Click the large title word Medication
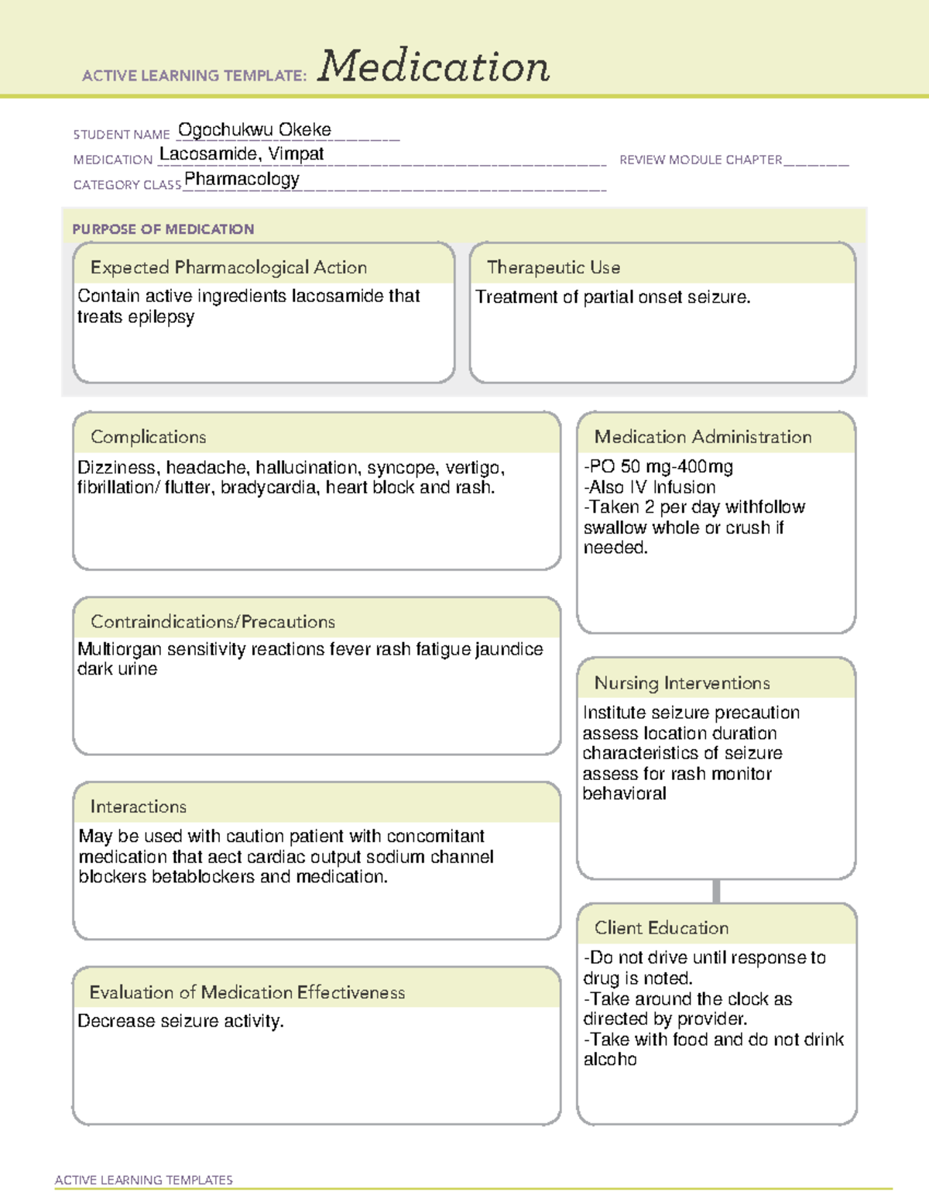[434, 67]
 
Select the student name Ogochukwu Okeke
[254, 129]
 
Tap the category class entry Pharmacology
[242, 180]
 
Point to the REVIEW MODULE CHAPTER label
[701, 160]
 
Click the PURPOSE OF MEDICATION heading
[163, 229]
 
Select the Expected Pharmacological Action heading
[228, 267]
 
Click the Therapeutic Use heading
[553, 267]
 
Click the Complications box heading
[148, 437]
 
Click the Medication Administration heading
[702, 437]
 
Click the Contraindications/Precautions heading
[212, 622]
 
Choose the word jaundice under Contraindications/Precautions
[509, 649]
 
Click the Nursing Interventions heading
[681, 683]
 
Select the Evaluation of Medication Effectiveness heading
[247, 992]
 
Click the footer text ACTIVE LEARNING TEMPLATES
[143, 1180]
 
